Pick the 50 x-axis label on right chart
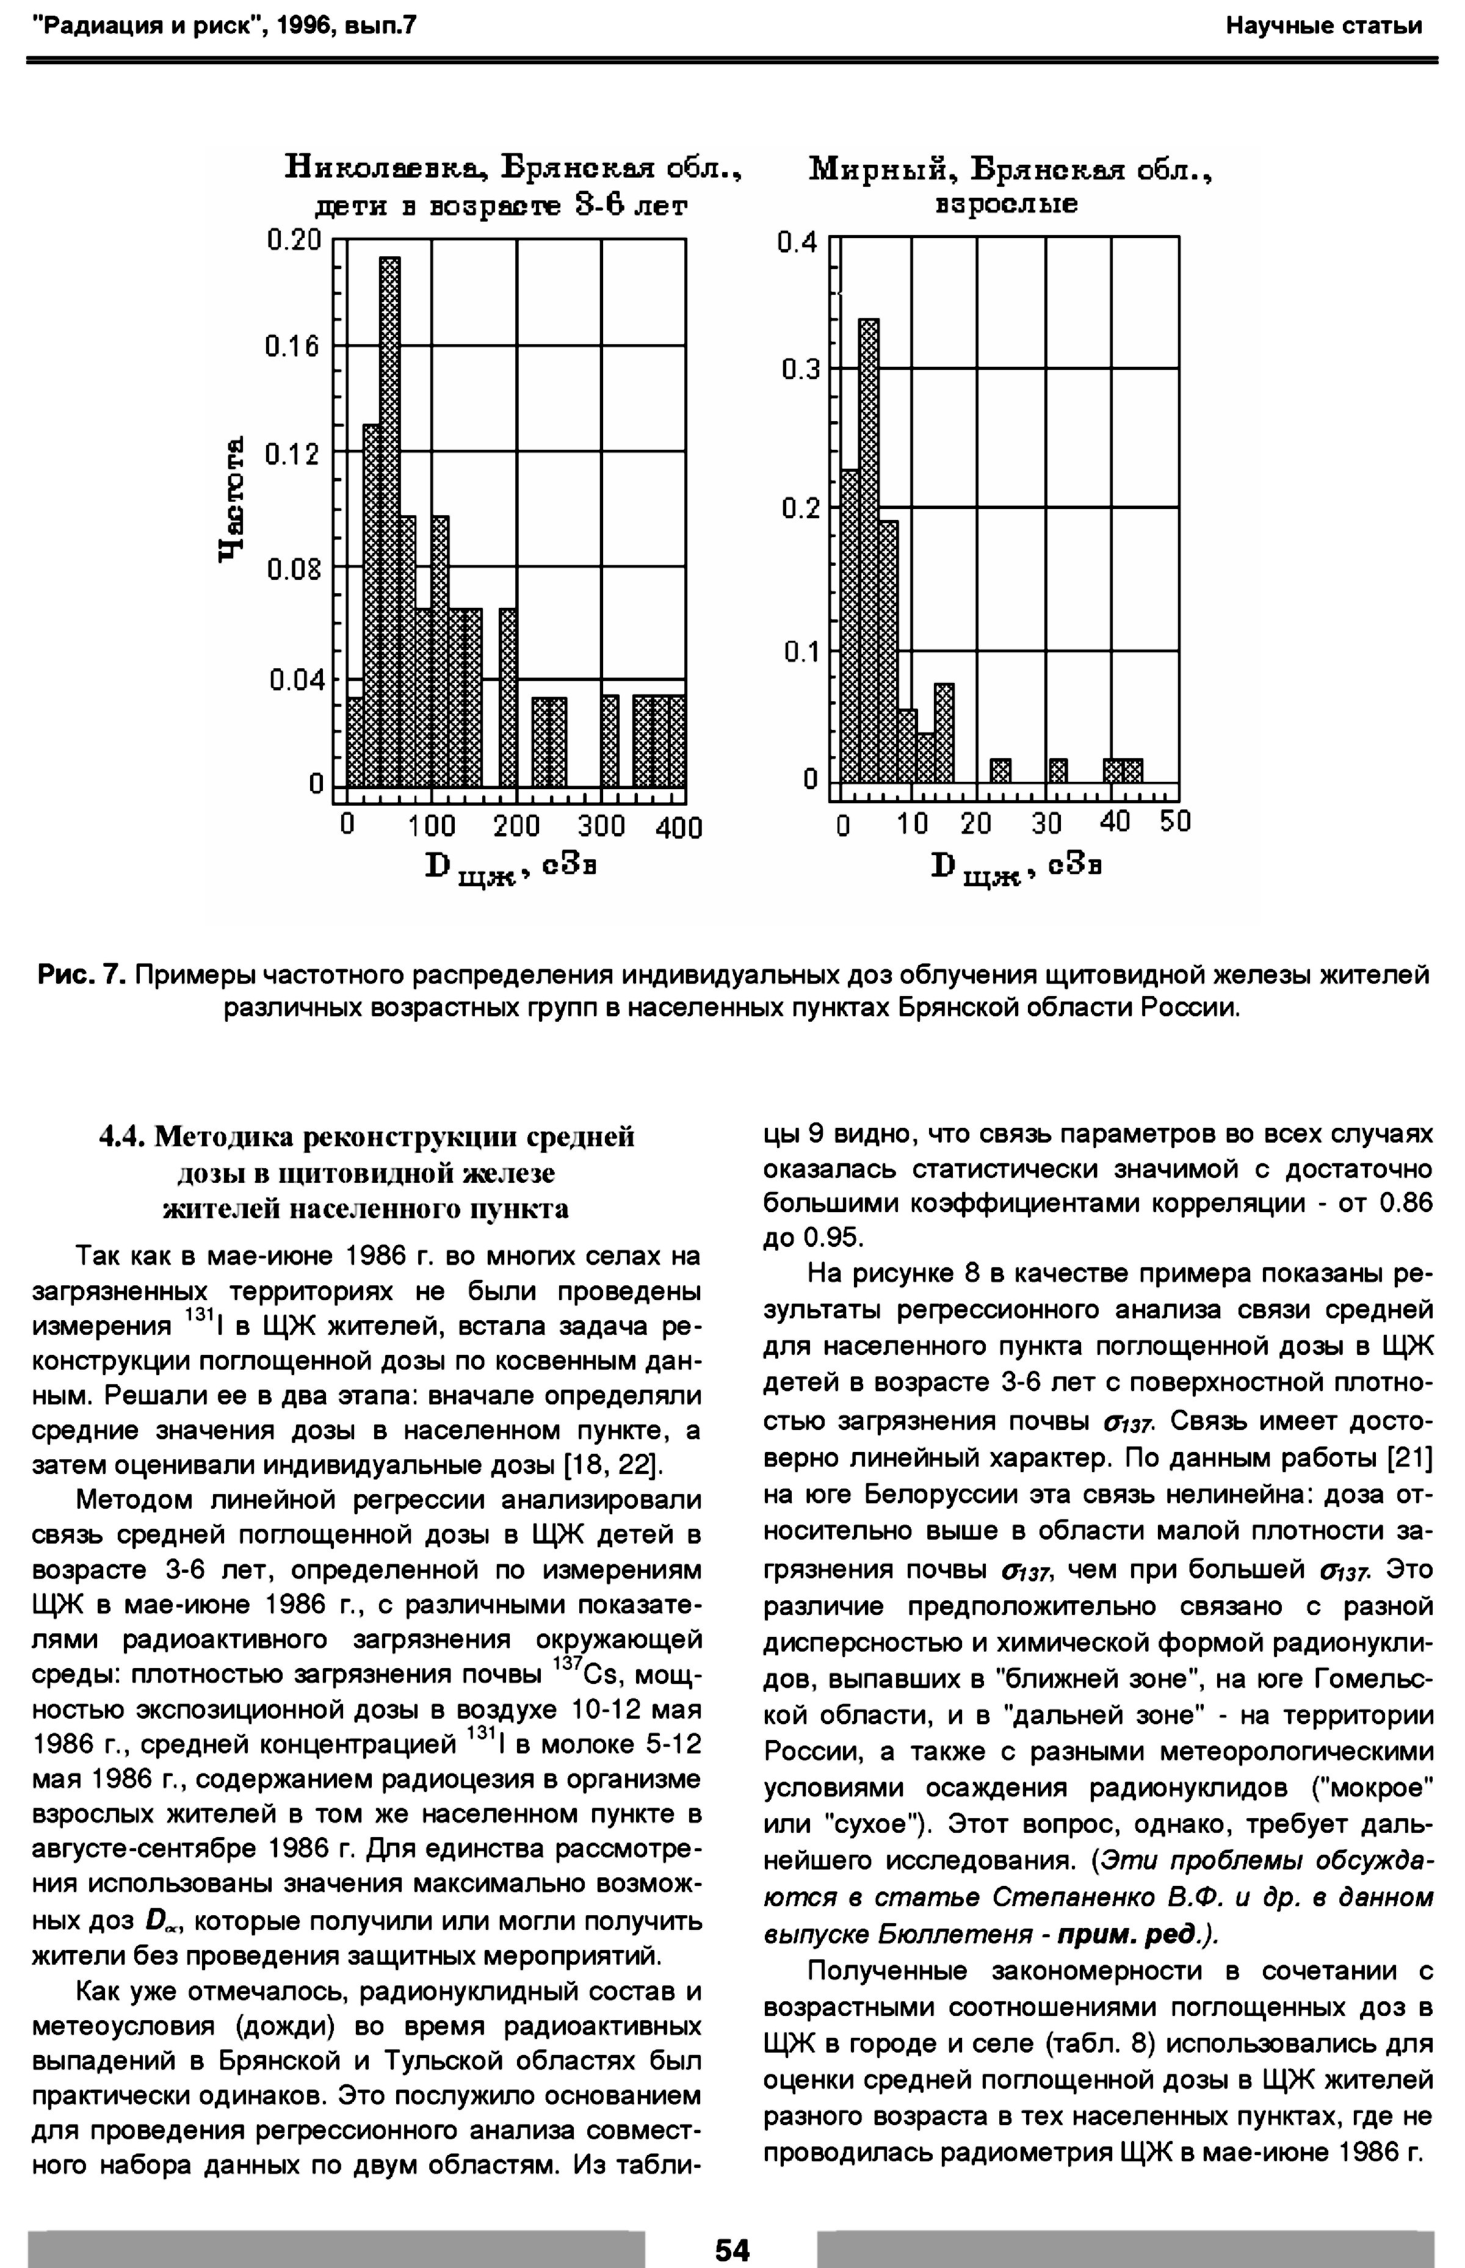pyautogui.click(x=1175, y=822)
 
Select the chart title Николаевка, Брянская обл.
pyautogui.click(x=514, y=170)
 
